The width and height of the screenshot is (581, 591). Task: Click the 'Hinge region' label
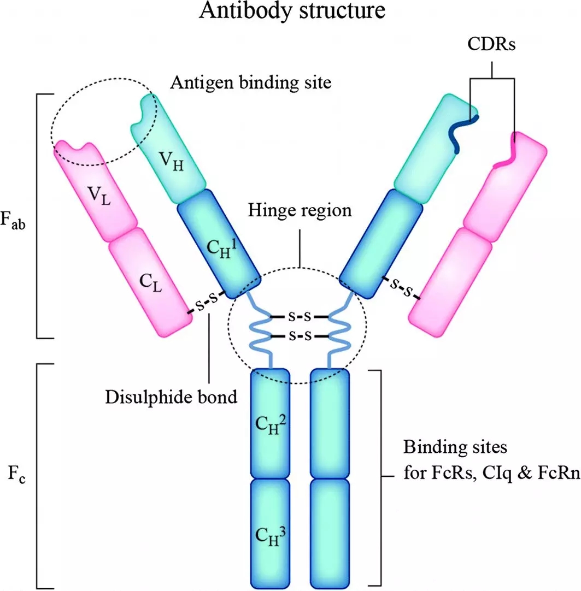click(300, 210)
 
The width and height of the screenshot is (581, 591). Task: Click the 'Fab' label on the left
click(16, 223)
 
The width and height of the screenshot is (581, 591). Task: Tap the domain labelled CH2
click(270, 423)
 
